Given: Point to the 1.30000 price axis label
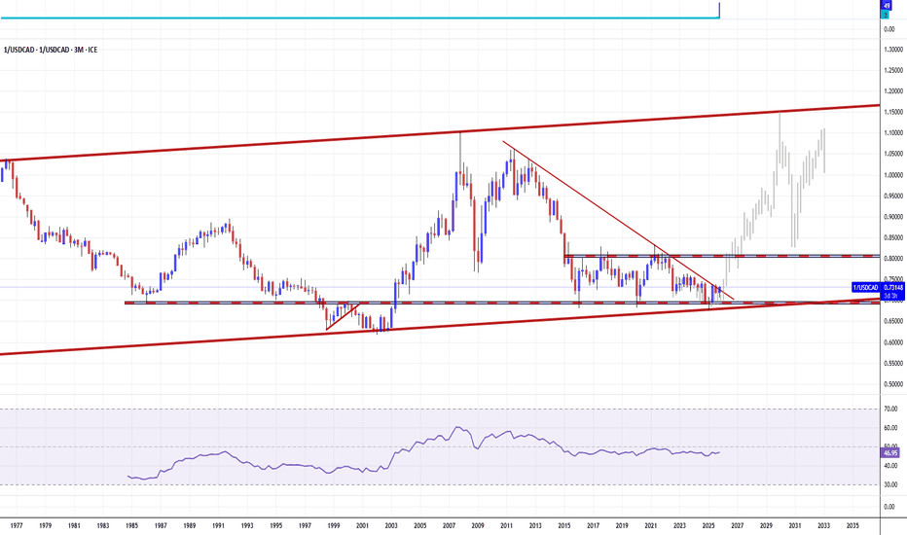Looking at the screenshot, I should coord(889,50).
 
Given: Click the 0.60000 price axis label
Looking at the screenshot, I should coord(889,342).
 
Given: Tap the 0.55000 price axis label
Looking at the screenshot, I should coord(889,363).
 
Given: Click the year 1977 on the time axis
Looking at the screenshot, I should coord(18,526).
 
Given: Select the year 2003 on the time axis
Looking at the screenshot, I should coord(391,526).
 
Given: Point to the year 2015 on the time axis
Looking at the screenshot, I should coord(564,526).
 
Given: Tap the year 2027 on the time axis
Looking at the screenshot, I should coord(738,526).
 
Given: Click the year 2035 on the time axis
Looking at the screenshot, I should coord(853,526).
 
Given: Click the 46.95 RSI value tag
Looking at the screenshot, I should coord(889,453).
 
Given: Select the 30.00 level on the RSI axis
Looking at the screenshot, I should coord(889,484).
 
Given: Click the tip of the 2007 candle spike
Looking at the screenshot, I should coord(459,133).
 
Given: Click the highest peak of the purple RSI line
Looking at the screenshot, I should coord(461,427).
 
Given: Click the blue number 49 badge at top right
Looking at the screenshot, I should coord(887,5).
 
